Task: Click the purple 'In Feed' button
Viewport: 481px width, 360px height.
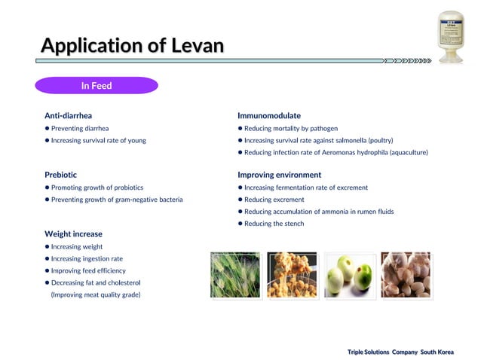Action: pos(97,86)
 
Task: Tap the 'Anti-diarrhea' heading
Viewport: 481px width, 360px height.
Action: pos(68,116)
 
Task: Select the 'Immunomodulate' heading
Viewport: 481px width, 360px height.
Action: pos(269,116)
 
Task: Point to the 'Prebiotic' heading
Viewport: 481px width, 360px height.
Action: pos(60,175)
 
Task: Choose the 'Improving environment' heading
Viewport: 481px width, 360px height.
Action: pos(279,175)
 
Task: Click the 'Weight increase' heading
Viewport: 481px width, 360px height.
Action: pos(73,234)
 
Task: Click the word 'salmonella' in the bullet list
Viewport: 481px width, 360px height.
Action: pos(359,141)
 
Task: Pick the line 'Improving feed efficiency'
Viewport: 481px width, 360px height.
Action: pos(88,270)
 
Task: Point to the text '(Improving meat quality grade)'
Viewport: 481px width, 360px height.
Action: pos(96,294)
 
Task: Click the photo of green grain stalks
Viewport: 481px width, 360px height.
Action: pos(234,275)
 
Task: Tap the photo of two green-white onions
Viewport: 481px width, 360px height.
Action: pos(349,275)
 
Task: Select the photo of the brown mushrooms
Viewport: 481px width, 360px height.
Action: pos(406,275)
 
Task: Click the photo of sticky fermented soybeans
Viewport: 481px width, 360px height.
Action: pos(292,275)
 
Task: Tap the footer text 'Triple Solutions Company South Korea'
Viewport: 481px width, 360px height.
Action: pos(400,352)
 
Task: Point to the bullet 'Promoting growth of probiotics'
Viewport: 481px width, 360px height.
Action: pos(97,188)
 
